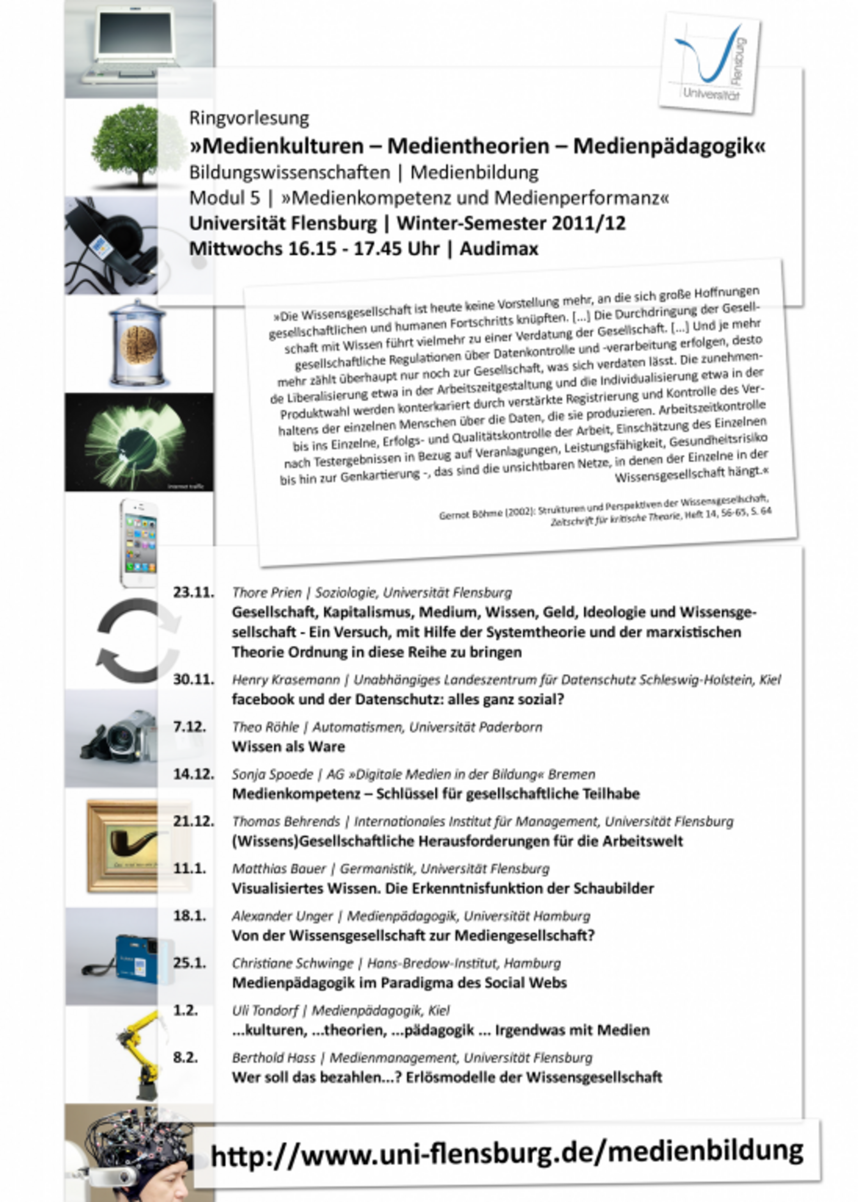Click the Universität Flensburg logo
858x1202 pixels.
click(709, 62)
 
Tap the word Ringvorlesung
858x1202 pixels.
click(249, 118)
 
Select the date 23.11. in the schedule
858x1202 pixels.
click(193, 592)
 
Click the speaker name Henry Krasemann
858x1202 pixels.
click(285, 679)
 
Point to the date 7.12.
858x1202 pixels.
click(189, 727)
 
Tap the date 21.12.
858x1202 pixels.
click(193, 821)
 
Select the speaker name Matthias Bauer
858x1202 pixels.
click(278, 868)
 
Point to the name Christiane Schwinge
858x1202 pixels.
click(292, 963)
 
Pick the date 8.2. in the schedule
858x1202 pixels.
click(185, 1057)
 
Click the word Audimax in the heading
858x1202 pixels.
click(499, 249)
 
